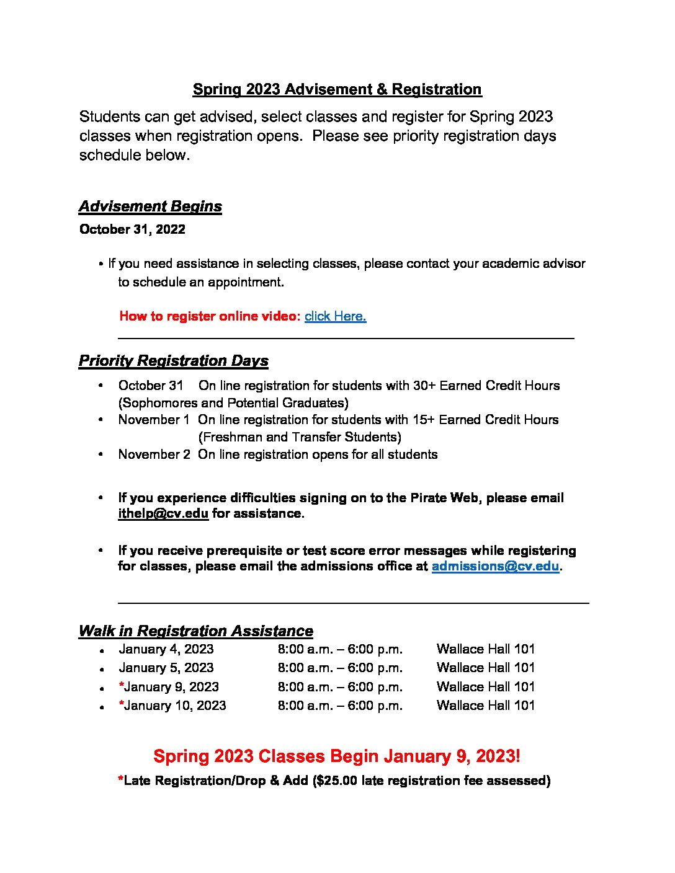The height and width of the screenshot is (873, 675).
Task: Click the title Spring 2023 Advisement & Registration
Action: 337,89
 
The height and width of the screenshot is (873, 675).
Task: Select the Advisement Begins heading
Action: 150,206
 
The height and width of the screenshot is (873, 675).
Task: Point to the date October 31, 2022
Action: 132,229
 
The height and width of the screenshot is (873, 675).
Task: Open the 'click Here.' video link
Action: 335,316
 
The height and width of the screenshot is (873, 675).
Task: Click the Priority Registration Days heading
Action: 173,361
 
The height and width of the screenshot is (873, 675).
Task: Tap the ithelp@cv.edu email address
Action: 163,514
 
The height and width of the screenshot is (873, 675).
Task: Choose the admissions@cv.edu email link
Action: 495,567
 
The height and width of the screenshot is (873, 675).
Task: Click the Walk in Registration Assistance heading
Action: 195,631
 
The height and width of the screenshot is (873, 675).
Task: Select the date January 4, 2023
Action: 166,649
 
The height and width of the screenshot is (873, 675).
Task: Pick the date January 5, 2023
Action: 166,668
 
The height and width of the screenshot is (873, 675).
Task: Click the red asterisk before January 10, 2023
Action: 122,704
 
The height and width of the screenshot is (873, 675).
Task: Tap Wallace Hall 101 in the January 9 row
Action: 485,687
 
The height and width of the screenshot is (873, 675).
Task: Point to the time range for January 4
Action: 340,649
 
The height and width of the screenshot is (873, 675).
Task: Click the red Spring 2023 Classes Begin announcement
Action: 337,756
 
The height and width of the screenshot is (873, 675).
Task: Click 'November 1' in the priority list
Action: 154,420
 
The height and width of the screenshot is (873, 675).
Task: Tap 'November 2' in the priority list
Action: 154,454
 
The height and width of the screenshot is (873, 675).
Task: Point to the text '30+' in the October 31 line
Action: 424,386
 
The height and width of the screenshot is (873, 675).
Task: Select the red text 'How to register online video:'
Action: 210,316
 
